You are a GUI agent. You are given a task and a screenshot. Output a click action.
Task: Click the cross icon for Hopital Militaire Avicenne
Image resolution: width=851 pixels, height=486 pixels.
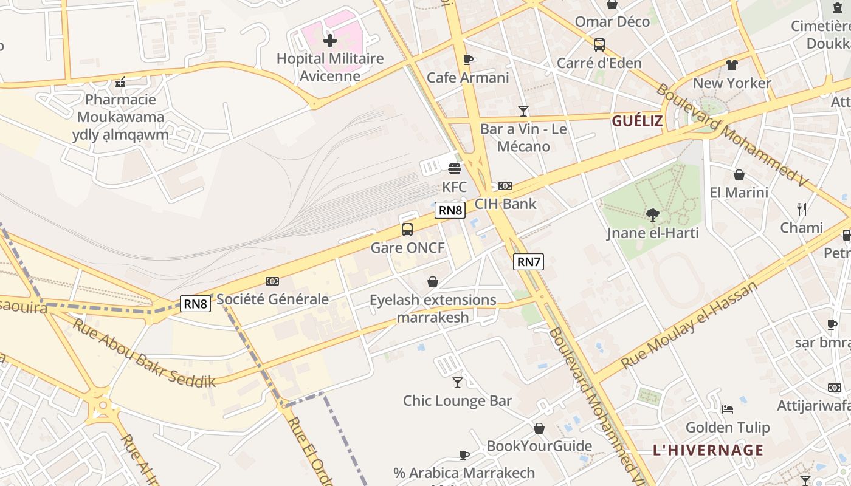click(330, 41)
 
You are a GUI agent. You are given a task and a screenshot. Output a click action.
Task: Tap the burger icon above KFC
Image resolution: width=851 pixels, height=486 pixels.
click(455, 169)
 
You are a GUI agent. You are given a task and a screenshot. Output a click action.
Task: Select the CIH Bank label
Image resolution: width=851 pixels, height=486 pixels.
click(505, 204)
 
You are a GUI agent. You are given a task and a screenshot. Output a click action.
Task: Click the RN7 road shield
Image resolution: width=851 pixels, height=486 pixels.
click(528, 262)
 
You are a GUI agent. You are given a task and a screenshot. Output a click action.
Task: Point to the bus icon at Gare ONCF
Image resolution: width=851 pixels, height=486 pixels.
click(407, 230)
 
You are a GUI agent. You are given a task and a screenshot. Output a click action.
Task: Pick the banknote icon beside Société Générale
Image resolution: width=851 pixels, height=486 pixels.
click(272, 281)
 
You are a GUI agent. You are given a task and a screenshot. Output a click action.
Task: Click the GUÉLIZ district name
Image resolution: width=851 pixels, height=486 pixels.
click(637, 121)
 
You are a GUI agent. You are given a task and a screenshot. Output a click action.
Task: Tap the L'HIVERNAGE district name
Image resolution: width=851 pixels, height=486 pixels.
click(708, 450)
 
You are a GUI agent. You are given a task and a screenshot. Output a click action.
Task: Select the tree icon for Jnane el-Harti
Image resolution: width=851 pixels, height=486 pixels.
click(653, 214)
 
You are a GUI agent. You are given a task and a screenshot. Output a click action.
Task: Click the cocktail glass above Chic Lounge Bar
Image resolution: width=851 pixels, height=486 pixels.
click(458, 383)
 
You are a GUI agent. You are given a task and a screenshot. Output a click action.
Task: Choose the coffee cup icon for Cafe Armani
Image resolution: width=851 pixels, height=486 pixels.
click(467, 60)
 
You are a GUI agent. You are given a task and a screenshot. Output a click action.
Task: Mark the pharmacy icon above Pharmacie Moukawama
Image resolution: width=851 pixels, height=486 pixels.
click(120, 81)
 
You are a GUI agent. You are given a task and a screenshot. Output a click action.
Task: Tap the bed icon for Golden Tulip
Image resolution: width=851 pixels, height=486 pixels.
click(727, 409)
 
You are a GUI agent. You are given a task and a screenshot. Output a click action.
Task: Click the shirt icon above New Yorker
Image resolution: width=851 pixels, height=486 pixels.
click(731, 65)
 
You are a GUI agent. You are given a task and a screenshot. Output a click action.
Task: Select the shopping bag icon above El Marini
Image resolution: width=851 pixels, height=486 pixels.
click(739, 175)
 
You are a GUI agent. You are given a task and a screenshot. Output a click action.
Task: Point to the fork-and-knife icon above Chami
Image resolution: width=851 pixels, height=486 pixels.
click(802, 210)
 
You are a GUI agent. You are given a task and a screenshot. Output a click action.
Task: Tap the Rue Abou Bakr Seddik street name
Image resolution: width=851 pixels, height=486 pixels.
click(145, 352)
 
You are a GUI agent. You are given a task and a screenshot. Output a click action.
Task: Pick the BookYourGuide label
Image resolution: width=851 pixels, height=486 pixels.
click(539, 446)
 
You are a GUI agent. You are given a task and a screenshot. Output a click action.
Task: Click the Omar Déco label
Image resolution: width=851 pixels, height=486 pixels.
click(612, 22)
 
